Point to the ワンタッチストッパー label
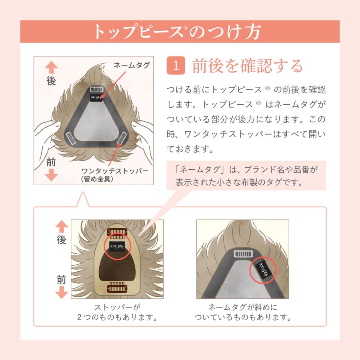click(114, 171)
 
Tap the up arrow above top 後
click(51, 67)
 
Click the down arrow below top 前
click(51, 175)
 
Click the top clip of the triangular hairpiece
click(96, 87)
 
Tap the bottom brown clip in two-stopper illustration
click(117, 288)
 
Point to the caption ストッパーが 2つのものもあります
click(116, 313)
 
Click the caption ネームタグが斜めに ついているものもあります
click(242, 313)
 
